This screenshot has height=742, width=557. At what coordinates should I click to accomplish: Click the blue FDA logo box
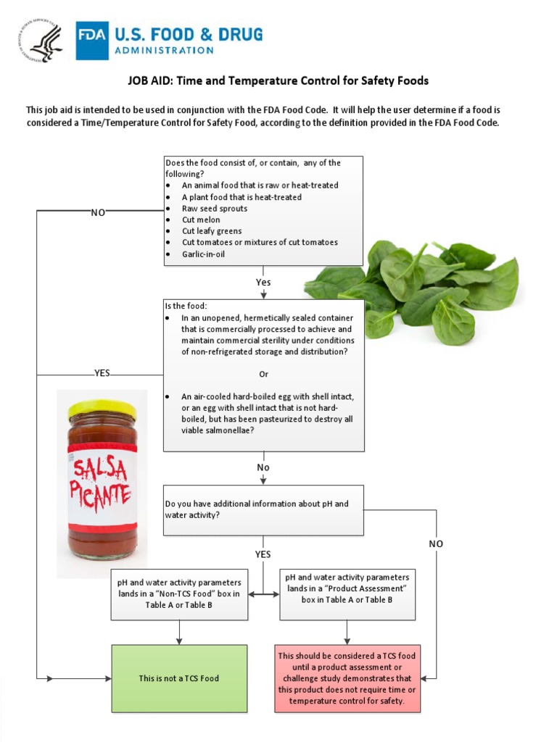(92, 40)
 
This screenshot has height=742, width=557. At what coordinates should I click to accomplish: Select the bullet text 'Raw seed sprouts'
(214, 209)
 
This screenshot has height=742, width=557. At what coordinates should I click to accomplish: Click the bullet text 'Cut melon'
(201, 220)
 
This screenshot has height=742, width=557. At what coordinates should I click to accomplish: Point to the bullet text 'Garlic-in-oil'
(203, 254)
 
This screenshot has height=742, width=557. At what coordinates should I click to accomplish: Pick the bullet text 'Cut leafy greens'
(212, 231)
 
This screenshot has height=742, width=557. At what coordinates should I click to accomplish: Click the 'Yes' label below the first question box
(263, 281)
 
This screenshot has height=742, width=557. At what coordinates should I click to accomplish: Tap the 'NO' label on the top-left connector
(98, 212)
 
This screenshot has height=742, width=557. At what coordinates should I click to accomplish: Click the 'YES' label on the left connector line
(102, 373)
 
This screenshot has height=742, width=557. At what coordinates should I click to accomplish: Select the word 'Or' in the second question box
(263, 374)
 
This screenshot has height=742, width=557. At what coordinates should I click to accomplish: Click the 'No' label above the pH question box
(263, 467)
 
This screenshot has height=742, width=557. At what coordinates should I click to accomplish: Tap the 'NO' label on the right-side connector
(436, 543)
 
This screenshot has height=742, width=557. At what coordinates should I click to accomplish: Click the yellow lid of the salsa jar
(102, 409)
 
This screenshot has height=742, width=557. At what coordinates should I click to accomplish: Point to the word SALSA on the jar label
(100, 469)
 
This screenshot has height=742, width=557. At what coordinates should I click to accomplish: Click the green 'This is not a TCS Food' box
(178, 678)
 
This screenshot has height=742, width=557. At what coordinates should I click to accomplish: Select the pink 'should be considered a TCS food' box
(347, 678)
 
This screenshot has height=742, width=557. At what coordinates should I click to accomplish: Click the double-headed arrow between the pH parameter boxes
(264, 594)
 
